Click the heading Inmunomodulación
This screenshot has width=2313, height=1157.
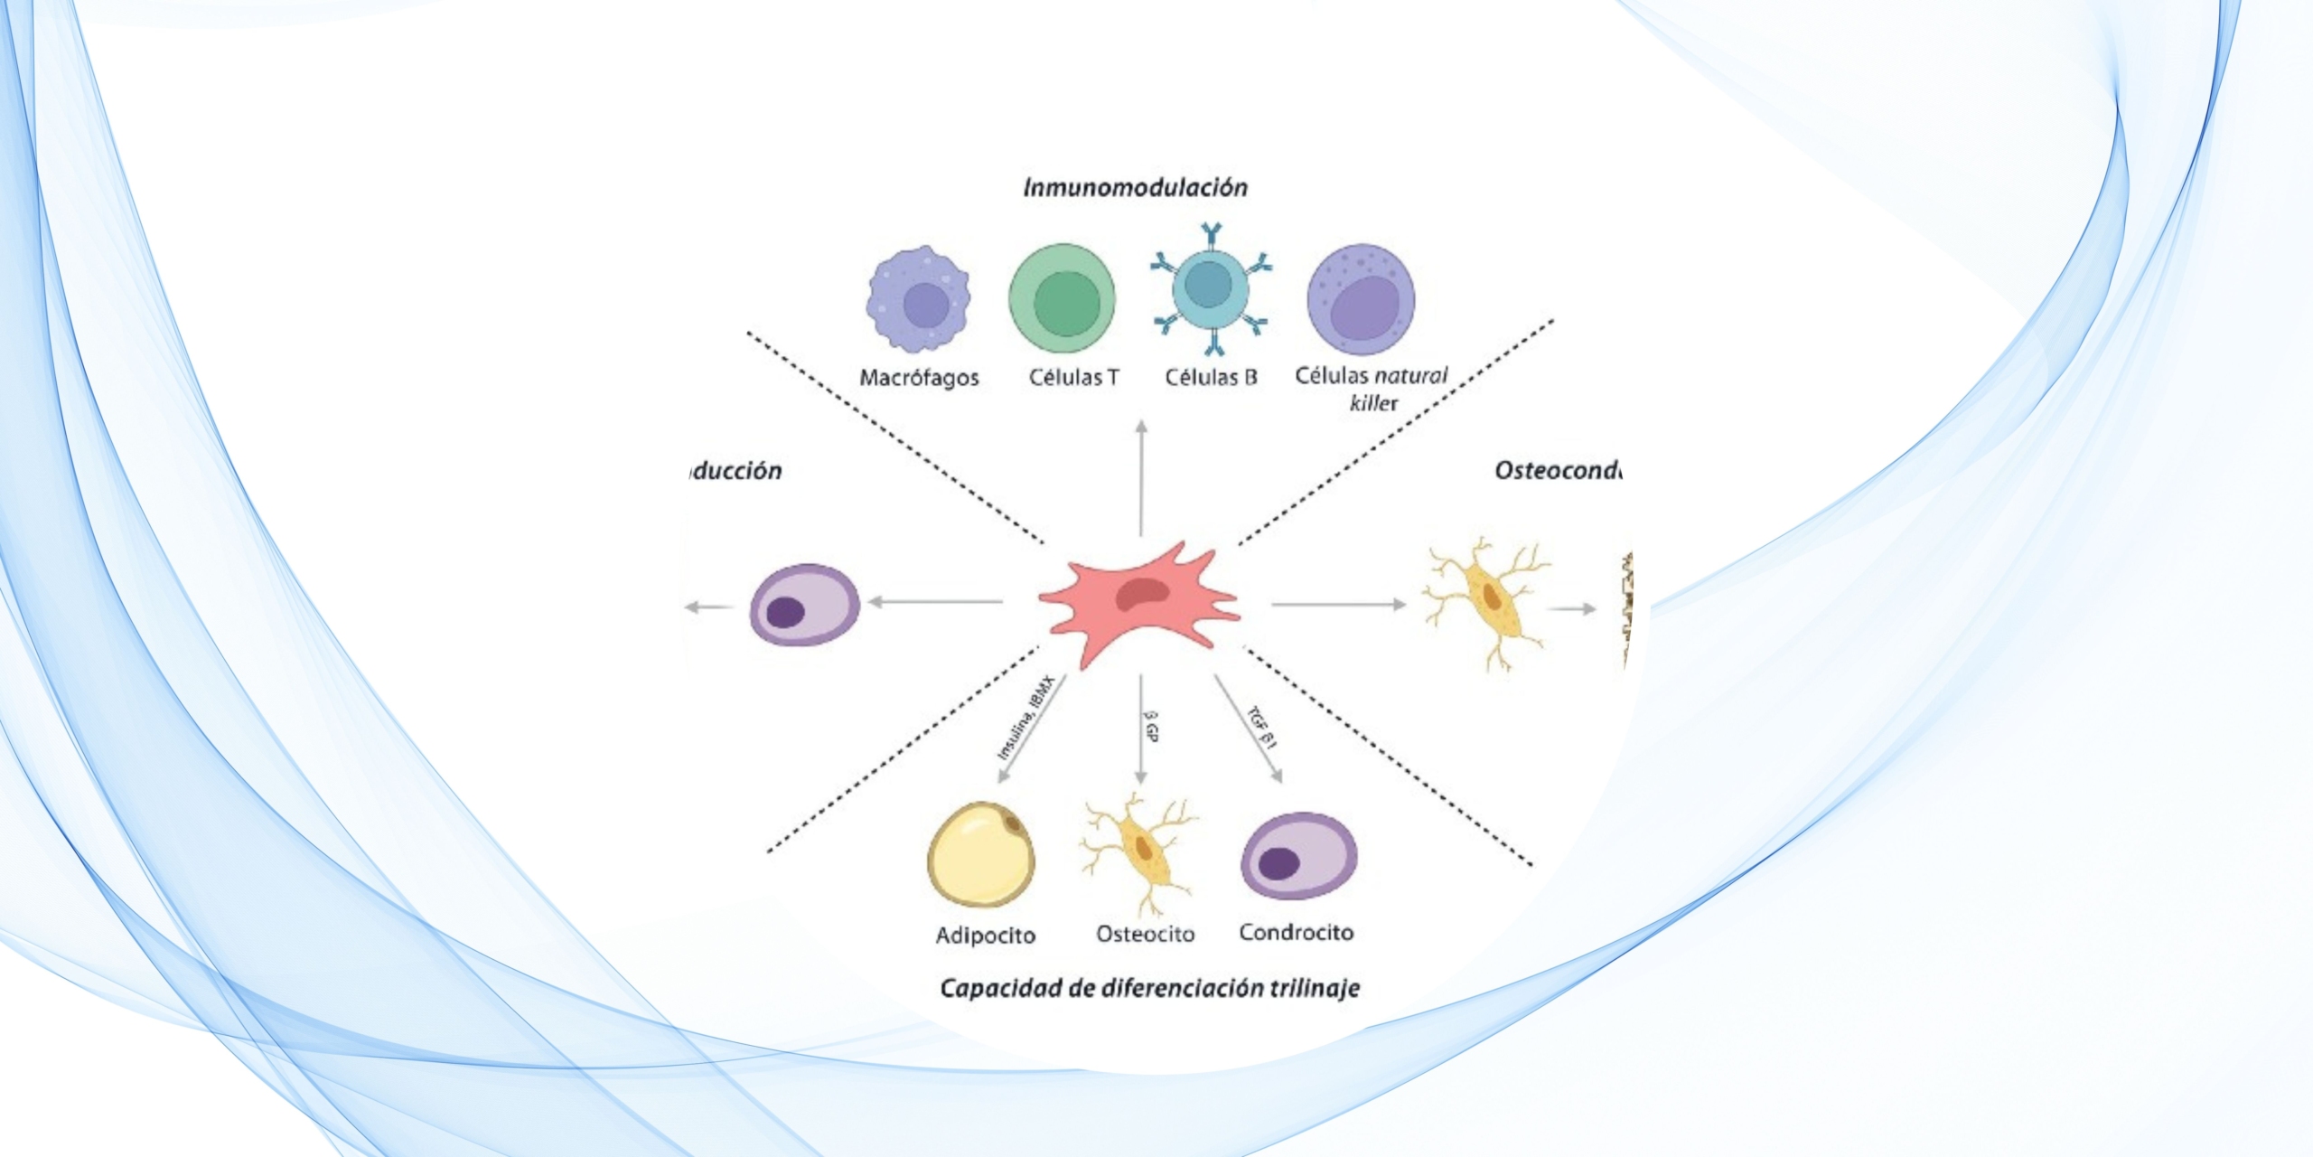pyautogui.click(x=1135, y=187)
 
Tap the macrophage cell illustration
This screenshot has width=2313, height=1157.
pyautogui.click(x=919, y=299)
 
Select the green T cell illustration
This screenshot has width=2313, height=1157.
pyautogui.click(x=1063, y=299)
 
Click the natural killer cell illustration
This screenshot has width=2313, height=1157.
pyautogui.click(x=1361, y=299)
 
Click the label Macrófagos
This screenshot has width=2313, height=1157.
pyautogui.click(x=919, y=378)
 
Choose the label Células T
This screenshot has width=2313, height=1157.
pyautogui.click(x=1073, y=377)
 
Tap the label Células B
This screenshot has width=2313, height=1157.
pyautogui.click(x=1211, y=377)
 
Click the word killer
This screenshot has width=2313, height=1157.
pyautogui.click(x=1373, y=403)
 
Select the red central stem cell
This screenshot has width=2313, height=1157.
pyautogui.click(x=1138, y=600)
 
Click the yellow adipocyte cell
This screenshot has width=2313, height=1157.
pyautogui.click(x=981, y=854)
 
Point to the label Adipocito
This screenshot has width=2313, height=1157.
pyautogui.click(x=985, y=935)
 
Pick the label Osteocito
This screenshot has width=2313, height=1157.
pyautogui.click(x=1145, y=934)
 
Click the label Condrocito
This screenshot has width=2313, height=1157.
pyautogui.click(x=1296, y=932)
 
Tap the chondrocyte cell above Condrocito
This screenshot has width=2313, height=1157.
pyautogui.click(x=1298, y=855)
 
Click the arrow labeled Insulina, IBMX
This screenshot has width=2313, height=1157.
pyautogui.click(x=1030, y=729)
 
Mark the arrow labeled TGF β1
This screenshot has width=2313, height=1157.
pyautogui.click(x=1249, y=729)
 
